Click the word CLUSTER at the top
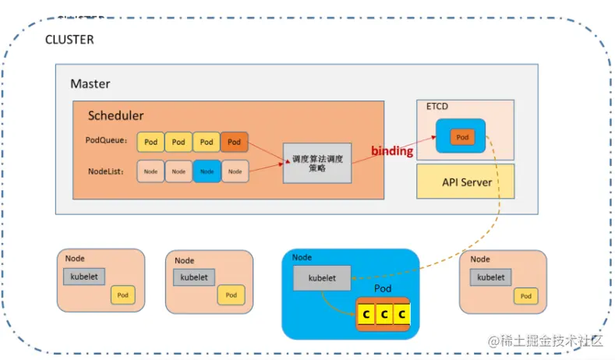69,38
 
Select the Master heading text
90,83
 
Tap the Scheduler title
115,115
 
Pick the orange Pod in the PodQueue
235,142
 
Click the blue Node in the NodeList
207,171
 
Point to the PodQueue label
109,141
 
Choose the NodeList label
108,170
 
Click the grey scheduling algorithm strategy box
317,163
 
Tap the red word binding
391,151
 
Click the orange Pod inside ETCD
462,137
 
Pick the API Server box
466,182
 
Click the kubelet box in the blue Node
322,277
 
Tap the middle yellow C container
383,314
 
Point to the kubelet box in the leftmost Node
84,276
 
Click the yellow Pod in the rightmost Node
526,295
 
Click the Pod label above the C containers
383,288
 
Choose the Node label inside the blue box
302,257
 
